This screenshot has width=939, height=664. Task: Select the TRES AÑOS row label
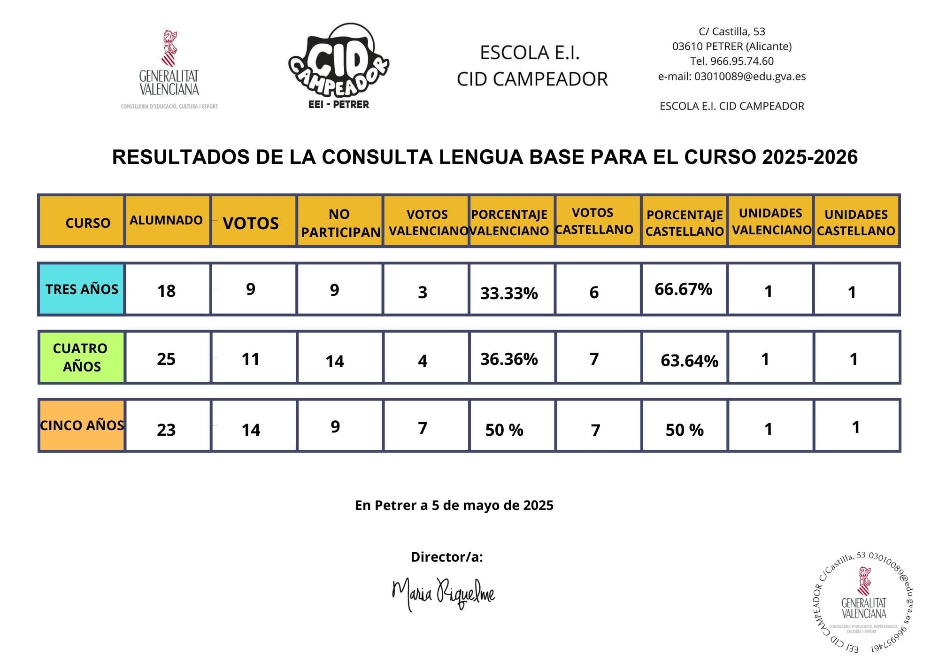tap(82, 289)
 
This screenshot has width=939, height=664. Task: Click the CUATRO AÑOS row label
tap(81, 357)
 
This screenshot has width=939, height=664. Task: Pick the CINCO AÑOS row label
tap(82, 425)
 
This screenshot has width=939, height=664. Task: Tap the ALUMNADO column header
tap(166, 220)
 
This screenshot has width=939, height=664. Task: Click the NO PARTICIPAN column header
tap(340, 223)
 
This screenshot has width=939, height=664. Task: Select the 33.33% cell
tap(509, 293)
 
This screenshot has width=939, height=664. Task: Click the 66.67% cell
tap(683, 289)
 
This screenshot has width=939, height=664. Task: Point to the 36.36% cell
tap(509, 359)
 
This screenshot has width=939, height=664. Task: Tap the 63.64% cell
tap(689, 361)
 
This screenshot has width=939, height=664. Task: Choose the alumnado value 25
tap(166, 359)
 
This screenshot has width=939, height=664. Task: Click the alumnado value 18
tap(166, 291)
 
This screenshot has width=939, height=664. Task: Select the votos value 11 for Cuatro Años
tap(251, 359)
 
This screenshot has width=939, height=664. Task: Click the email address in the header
tap(750, 77)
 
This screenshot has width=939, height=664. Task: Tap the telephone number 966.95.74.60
tap(742, 61)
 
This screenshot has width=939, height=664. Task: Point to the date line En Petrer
tap(454, 505)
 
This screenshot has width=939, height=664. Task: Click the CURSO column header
tap(88, 223)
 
